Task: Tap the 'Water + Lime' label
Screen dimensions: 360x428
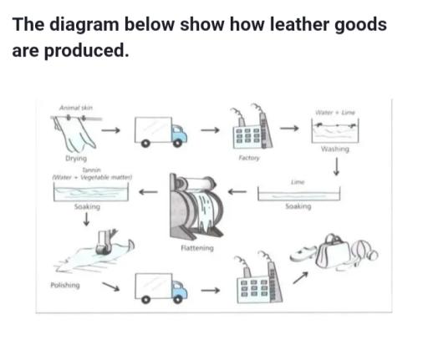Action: pyautogui.click(x=332, y=112)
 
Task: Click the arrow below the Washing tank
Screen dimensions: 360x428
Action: pyautogui.click(x=335, y=167)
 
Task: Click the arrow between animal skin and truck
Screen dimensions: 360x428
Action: pyautogui.click(x=111, y=130)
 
